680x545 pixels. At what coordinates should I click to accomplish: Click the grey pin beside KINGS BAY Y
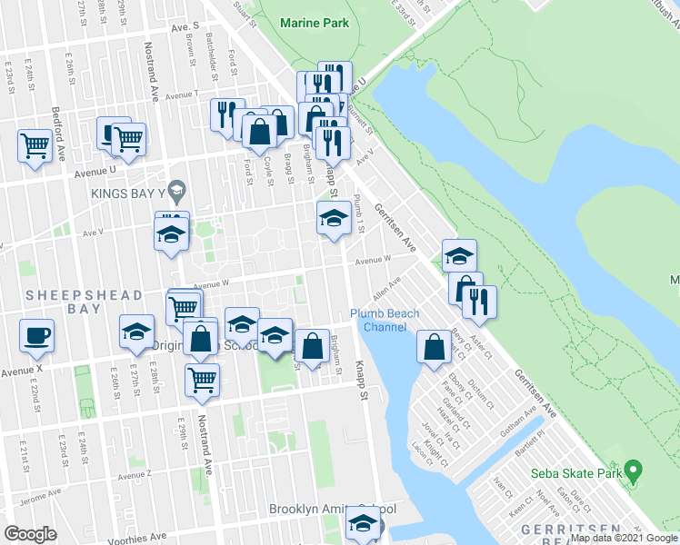[x=177, y=191]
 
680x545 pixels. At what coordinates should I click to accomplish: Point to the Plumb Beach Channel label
[x=385, y=321]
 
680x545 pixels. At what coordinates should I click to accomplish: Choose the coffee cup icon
[x=37, y=336]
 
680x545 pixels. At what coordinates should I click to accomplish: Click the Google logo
[x=31, y=533]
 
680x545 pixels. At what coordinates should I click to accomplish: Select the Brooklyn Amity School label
[x=325, y=510]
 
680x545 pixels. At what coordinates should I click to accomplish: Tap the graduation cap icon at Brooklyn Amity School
[x=363, y=523]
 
